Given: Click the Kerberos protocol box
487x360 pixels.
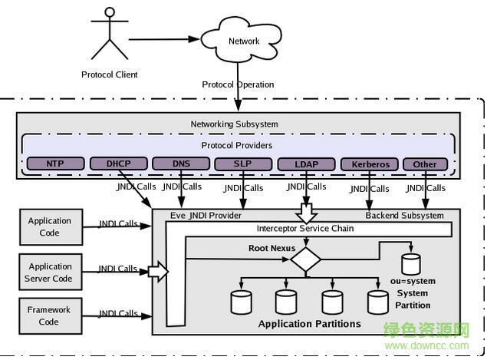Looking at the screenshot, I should click(x=370, y=163).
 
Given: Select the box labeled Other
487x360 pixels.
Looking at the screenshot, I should click(x=424, y=163).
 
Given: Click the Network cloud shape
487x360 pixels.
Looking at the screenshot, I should click(x=244, y=41).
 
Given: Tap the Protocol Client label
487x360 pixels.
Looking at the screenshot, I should click(x=110, y=74).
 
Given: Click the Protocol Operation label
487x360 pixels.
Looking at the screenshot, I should click(x=238, y=84).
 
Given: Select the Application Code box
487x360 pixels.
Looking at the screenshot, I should click(x=50, y=226).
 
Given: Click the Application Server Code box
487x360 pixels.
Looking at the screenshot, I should click(x=50, y=272).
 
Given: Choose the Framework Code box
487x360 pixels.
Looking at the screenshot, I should click(x=50, y=315).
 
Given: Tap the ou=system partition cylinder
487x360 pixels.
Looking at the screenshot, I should click(x=412, y=265).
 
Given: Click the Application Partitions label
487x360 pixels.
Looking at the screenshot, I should click(x=309, y=324).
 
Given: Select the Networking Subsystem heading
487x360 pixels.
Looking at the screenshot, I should click(x=235, y=124).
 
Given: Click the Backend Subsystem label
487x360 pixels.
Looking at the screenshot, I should click(x=404, y=216).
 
